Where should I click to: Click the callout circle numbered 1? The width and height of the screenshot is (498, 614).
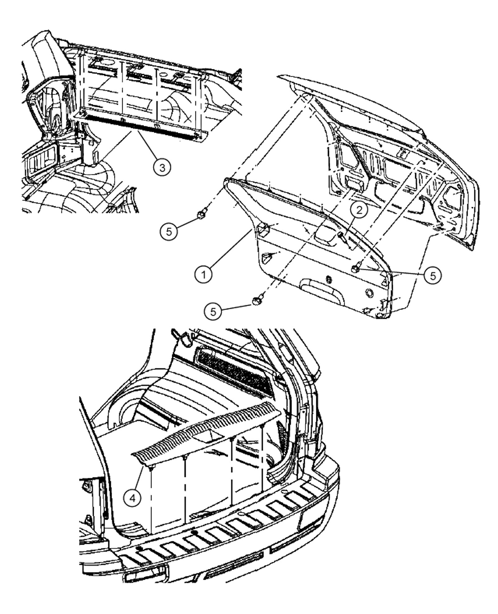[x=204, y=274]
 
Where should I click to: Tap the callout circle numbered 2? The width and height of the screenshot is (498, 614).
[x=359, y=211]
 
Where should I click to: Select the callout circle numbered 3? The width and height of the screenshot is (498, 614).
[x=162, y=168]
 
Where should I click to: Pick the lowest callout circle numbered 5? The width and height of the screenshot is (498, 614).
[x=213, y=311]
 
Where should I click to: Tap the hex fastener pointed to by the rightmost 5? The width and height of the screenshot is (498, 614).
[x=355, y=268]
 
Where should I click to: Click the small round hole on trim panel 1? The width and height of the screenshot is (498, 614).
[x=369, y=293]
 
